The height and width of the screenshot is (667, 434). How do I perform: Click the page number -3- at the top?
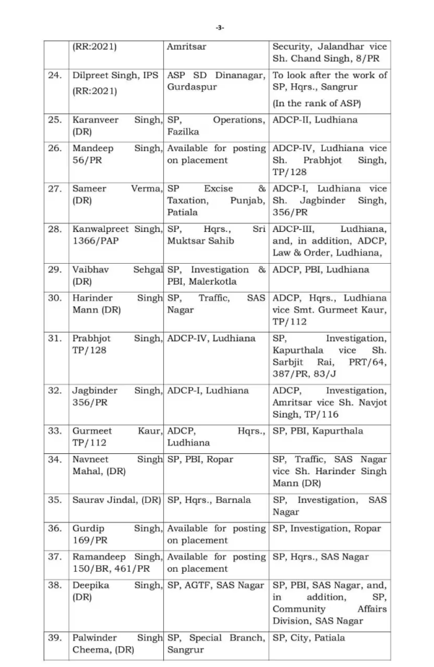click(219, 27)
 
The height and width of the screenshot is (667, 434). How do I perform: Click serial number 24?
click(55, 76)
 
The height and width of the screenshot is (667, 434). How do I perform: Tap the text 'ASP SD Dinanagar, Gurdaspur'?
click(216, 81)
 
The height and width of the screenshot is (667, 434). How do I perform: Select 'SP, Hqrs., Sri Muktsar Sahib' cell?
click(216, 235)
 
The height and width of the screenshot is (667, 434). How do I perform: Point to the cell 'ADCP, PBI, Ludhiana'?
click(320, 270)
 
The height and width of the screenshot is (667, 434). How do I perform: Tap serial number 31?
click(55, 339)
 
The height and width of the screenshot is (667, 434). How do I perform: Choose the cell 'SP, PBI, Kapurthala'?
click(318, 431)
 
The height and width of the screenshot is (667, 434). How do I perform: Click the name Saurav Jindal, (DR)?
click(116, 500)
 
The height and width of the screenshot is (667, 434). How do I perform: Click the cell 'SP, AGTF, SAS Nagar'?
click(215, 586)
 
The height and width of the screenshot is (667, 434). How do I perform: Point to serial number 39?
click(55, 638)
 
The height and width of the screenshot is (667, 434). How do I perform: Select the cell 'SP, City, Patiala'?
click(308, 638)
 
